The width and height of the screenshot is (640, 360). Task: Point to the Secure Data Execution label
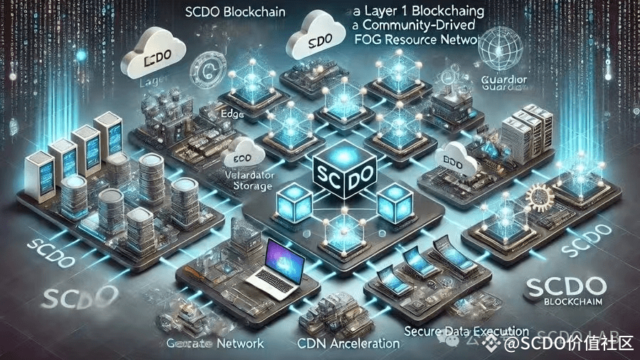[x=466, y=331]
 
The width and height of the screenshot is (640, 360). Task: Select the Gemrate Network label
[x=218, y=343]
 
